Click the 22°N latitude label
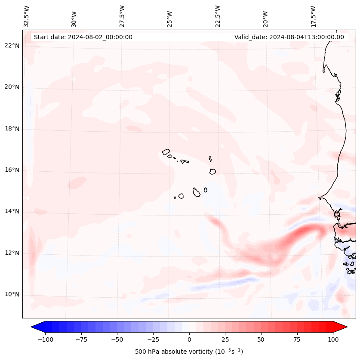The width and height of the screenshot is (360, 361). coord(12,46)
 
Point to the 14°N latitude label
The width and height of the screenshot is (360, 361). coord(12,211)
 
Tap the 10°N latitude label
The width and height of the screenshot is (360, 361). coord(12,295)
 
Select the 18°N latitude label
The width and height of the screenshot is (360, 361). coord(12,129)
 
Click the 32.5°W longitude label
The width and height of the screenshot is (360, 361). coord(27,16)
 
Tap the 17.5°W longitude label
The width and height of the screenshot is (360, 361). coord(313,16)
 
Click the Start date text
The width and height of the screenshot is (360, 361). coord(83,37)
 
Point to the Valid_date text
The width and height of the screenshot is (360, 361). coord(289,37)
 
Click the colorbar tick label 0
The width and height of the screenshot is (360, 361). coord(189,339)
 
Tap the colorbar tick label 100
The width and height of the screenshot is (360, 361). coord(333,339)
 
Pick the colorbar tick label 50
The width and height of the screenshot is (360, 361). coord(261,339)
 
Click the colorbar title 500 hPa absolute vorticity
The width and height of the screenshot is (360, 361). coord(189,352)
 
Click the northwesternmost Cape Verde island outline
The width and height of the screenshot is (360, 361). coord(166,151)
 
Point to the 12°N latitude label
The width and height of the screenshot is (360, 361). coord(12,253)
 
